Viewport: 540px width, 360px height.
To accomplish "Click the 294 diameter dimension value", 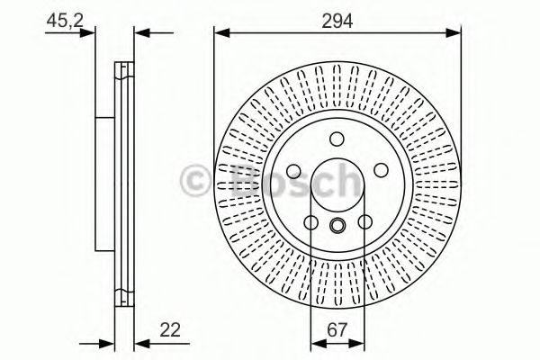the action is click(337, 22).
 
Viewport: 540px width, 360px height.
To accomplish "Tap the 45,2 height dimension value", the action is click(65, 21).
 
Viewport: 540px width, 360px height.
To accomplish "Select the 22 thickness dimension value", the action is click(170, 330).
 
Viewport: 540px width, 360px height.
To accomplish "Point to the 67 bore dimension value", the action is click(337, 330).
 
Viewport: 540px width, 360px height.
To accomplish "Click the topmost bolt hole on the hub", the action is click(337, 139).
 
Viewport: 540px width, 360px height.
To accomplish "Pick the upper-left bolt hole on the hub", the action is click(293, 170).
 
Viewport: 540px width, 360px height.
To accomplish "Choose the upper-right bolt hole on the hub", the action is click(381, 170).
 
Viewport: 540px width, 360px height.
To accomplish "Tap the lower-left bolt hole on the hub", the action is click(310, 222).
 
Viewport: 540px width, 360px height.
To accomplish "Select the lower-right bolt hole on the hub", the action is click(364, 222).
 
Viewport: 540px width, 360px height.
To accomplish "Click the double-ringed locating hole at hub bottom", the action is click(337, 225).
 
